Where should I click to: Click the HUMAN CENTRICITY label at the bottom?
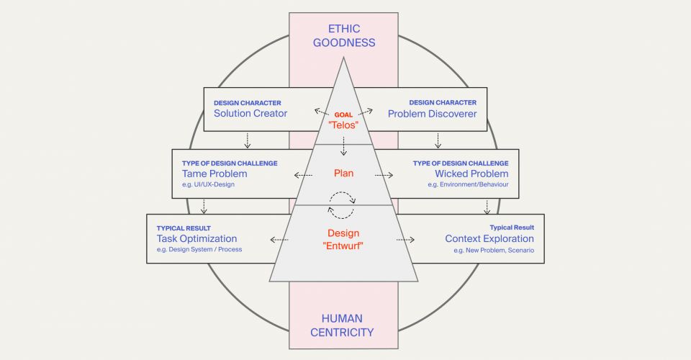(343, 325)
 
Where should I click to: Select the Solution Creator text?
(250, 114)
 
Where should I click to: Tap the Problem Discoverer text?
(432, 114)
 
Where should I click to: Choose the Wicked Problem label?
(471, 174)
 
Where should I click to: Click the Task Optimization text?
(197, 238)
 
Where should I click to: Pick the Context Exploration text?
(489, 238)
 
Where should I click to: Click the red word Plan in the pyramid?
(343, 173)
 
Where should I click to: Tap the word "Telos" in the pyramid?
(343, 125)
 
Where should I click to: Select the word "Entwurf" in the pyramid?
(343, 246)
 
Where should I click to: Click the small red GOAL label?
(343, 114)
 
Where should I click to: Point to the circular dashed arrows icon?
(343, 204)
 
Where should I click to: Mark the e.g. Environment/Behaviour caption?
(468, 185)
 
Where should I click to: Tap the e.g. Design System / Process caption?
(199, 250)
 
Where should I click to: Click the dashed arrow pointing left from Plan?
(304, 175)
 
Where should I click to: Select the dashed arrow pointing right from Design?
(405, 239)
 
